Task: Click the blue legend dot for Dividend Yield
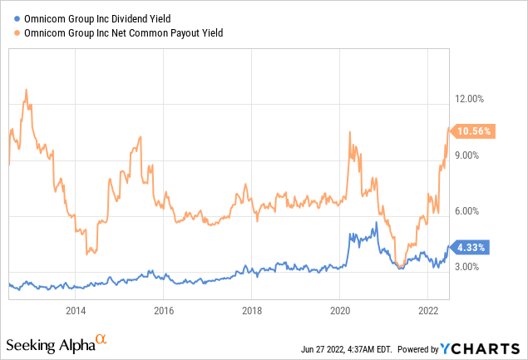coord(9,17)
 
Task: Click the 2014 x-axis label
coord(76,311)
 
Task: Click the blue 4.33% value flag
coord(471,247)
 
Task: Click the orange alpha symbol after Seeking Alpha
coord(101,339)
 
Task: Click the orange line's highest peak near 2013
coord(27,89)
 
